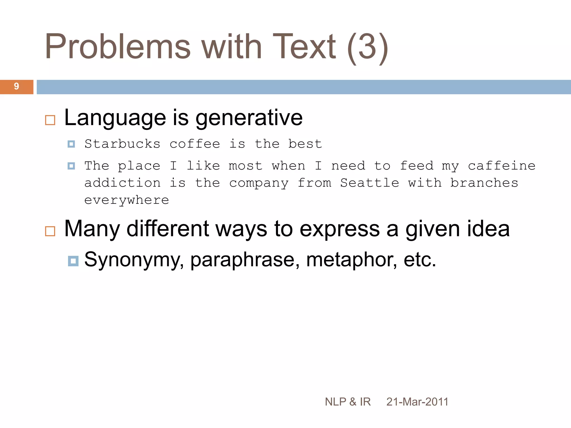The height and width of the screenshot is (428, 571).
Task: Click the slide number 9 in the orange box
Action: pyautogui.click(x=16, y=87)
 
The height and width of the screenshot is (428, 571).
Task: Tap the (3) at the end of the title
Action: pyautogui.click(x=367, y=47)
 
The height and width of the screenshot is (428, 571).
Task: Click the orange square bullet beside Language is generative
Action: pyautogui.click(x=50, y=120)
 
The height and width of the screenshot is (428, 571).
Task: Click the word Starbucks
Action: pyautogui.click(x=122, y=144)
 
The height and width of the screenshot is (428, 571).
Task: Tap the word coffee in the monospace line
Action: pyautogui.click(x=195, y=144)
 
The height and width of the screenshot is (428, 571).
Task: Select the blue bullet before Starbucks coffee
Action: pyautogui.click(x=71, y=144)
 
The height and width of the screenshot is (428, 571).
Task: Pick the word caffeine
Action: pyautogui.click(x=501, y=166)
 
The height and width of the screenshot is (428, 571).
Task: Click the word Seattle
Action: pyautogui.click(x=369, y=183)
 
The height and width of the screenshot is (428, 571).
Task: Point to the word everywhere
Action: pyautogui.click(x=127, y=200)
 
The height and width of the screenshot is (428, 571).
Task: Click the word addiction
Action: pyautogui.click(x=122, y=183)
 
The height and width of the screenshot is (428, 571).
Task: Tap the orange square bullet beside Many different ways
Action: pyautogui.click(x=50, y=231)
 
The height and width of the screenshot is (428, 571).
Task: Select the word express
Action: pyautogui.click(x=340, y=229)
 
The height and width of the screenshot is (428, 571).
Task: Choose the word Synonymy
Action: pyautogui.click(x=134, y=260)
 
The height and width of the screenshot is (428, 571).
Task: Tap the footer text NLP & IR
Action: pyautogui.click(x=348, y=402)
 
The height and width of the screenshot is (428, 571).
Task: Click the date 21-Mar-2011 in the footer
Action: pyautogui.click(x=417, y=402)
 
